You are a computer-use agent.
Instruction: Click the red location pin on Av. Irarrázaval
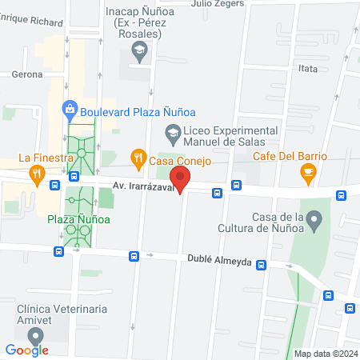(x=181, y=180)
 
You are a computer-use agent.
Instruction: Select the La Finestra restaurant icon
(x=36, y=174)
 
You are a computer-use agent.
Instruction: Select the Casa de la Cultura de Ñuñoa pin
(x=314, y=218)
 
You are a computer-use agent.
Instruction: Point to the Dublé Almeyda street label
(x=220, y=262)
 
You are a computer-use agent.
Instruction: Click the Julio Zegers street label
(x=217, y=3)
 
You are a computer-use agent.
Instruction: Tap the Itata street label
(x=307, y=70)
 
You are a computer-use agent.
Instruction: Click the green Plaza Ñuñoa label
(x=78, y=218)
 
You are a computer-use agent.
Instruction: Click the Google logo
(x=27, y=349)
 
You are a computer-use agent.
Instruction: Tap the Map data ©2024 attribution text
(x=325, y=354)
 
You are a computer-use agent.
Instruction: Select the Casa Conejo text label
(x=181, y=161)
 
